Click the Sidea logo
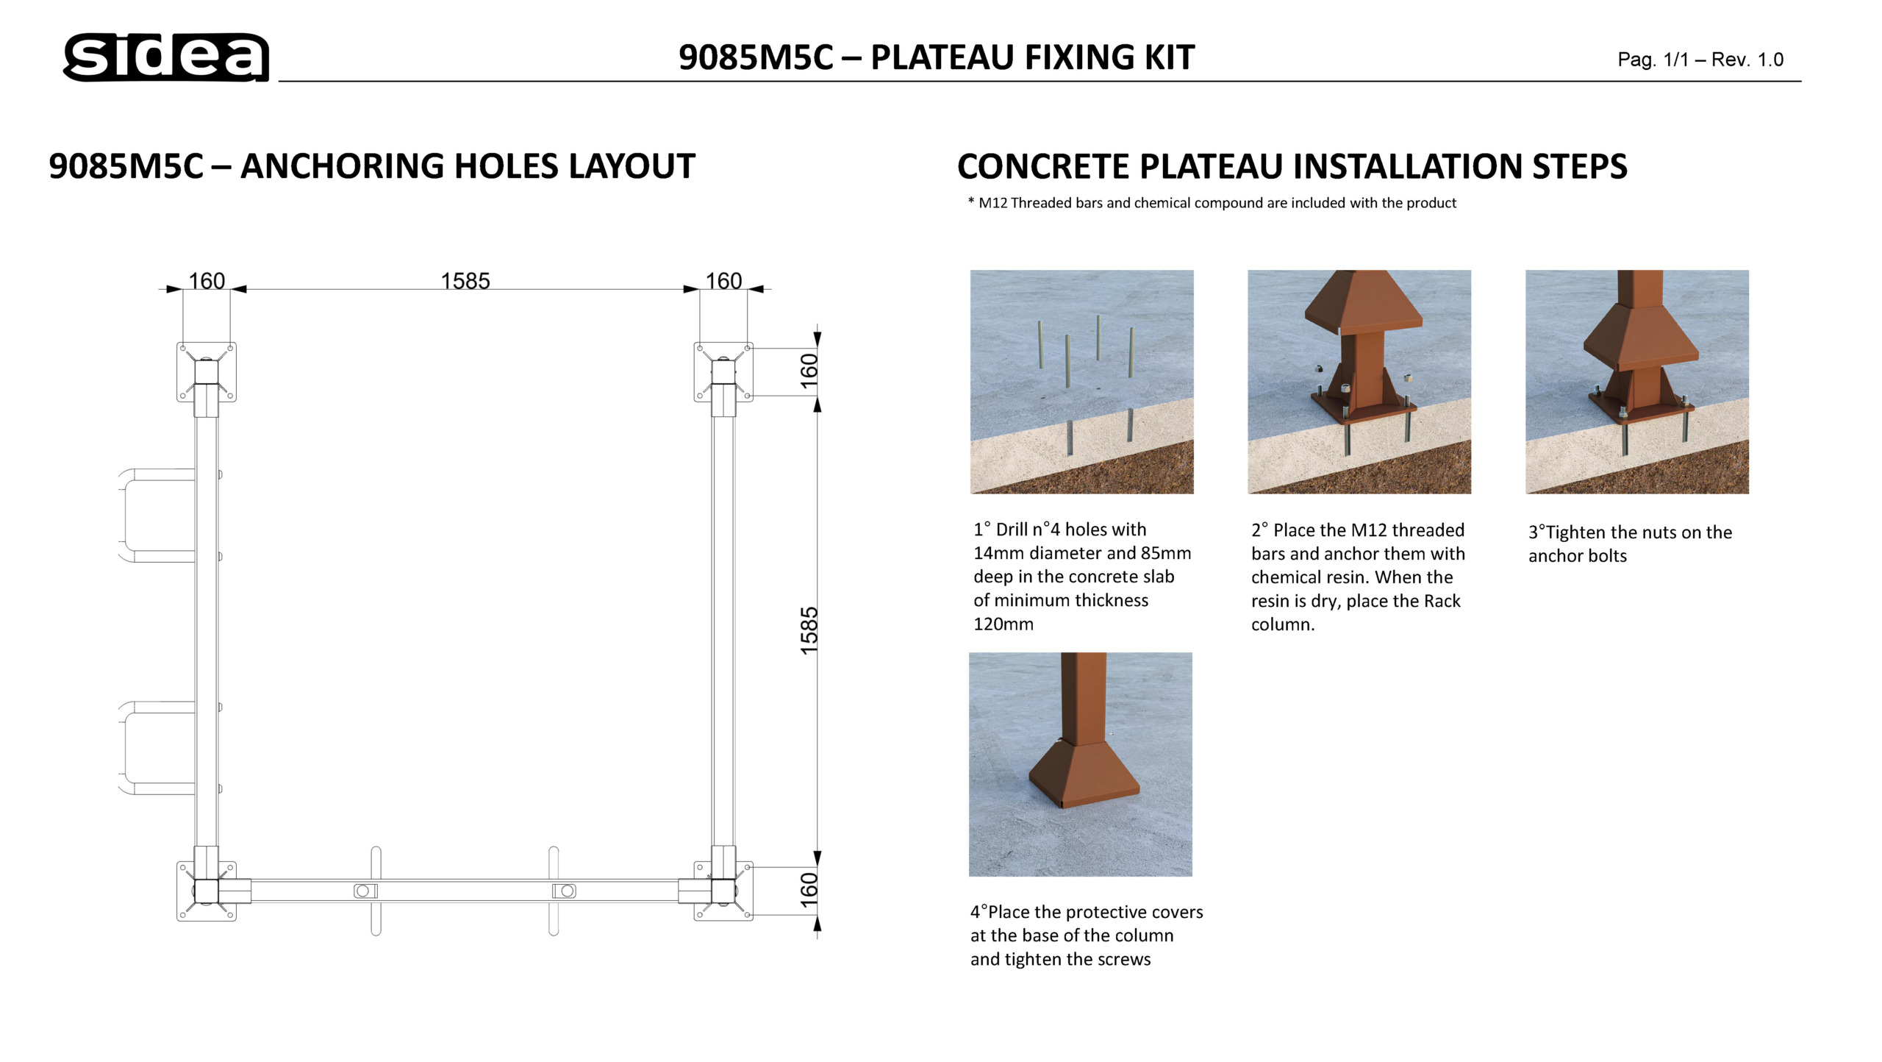click(x=166, y=57)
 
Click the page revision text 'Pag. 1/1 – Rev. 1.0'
click(x=1700, y=60)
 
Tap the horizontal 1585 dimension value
click(x=465, y=281)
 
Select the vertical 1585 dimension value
click(x=809, y=630)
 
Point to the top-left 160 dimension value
click(x=207, y=281)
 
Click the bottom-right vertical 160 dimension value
click(x=809, y=890)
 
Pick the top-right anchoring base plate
click(x=723, y=371)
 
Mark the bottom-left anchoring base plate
click(x=207, y=891)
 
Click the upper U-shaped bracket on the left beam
click(x=156, y=516)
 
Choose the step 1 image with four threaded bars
click(x=1081, y=382)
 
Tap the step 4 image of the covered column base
click(x=1080, y=764)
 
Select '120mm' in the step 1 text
click(x=1003, y=624)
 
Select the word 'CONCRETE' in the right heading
click(x=1043, y=166)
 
